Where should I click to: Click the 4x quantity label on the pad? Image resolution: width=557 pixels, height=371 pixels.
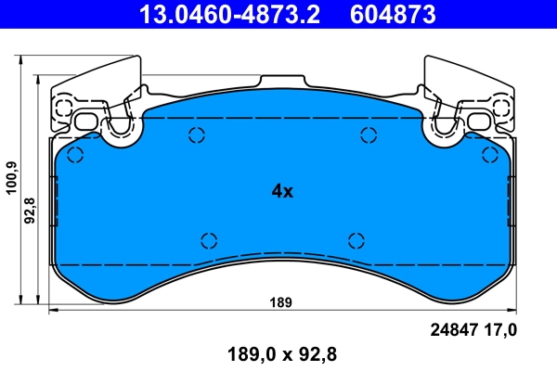pos(281,192)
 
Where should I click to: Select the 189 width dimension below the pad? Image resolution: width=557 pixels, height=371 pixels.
pos(281,302)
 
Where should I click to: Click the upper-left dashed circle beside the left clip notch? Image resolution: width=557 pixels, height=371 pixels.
pos(196,135)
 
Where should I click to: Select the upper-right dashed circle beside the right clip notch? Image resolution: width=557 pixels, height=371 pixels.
pos(367,135)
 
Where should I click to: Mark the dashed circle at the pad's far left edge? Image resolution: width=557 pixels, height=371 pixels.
pos(75,154)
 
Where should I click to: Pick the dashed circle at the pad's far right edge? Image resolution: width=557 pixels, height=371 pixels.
pos(488,154)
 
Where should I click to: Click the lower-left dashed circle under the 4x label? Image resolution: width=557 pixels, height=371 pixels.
pos(210,239)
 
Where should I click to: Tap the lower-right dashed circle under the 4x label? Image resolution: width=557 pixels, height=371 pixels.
pos(355,240)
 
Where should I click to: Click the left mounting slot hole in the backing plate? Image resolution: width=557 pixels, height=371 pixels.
pos(87,121)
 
